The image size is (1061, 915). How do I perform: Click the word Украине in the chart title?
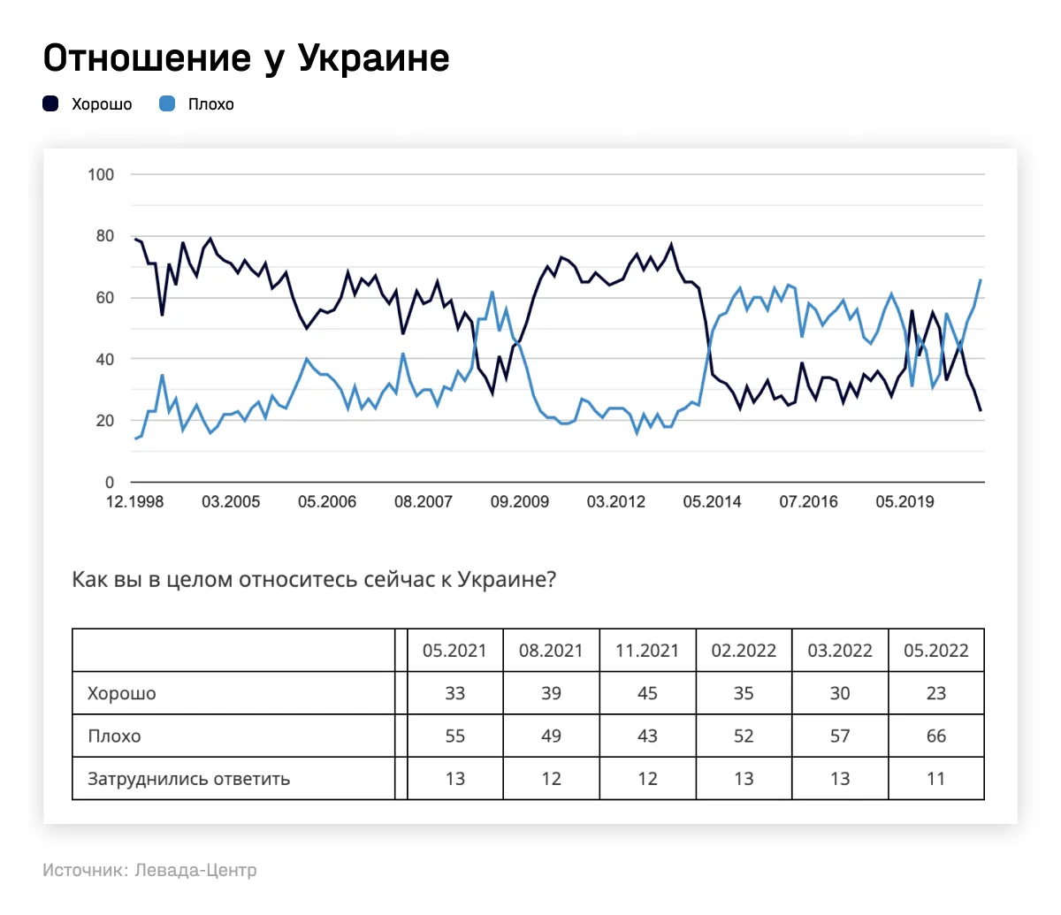[x=373, y=58]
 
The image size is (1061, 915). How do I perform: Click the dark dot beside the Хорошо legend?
[x=51, y=104]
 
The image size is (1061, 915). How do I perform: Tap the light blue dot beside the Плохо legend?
[x=167, y=104]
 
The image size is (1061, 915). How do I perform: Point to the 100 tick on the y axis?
[x=101, y=174]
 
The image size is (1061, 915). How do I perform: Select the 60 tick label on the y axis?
[x=105, y=298]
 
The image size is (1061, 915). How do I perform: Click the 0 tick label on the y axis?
[x=110, y=483]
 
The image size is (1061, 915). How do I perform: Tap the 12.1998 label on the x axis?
[x=134, y=502]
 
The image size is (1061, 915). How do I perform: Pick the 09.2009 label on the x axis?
[x=520, y=502]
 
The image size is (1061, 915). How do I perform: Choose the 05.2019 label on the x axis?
[x=905, y=502]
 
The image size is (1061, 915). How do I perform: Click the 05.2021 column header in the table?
[x=454, y=652]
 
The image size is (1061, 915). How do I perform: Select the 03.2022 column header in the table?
[x=840, y=652]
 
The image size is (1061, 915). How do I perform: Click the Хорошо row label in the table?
[x=122, y=694]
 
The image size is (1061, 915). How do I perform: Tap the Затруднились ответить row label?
[x=188, y=780]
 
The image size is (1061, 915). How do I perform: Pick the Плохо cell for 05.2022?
[x=935, y=736]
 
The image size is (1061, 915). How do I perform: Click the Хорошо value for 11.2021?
[x=647, y=694]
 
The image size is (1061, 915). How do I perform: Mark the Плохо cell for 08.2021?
[x=551, y=736]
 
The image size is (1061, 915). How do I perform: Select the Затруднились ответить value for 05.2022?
[x=935, y=780]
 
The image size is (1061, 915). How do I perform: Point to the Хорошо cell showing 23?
[x=935, y=694]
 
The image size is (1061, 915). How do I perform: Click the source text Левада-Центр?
[x=196, y=870]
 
